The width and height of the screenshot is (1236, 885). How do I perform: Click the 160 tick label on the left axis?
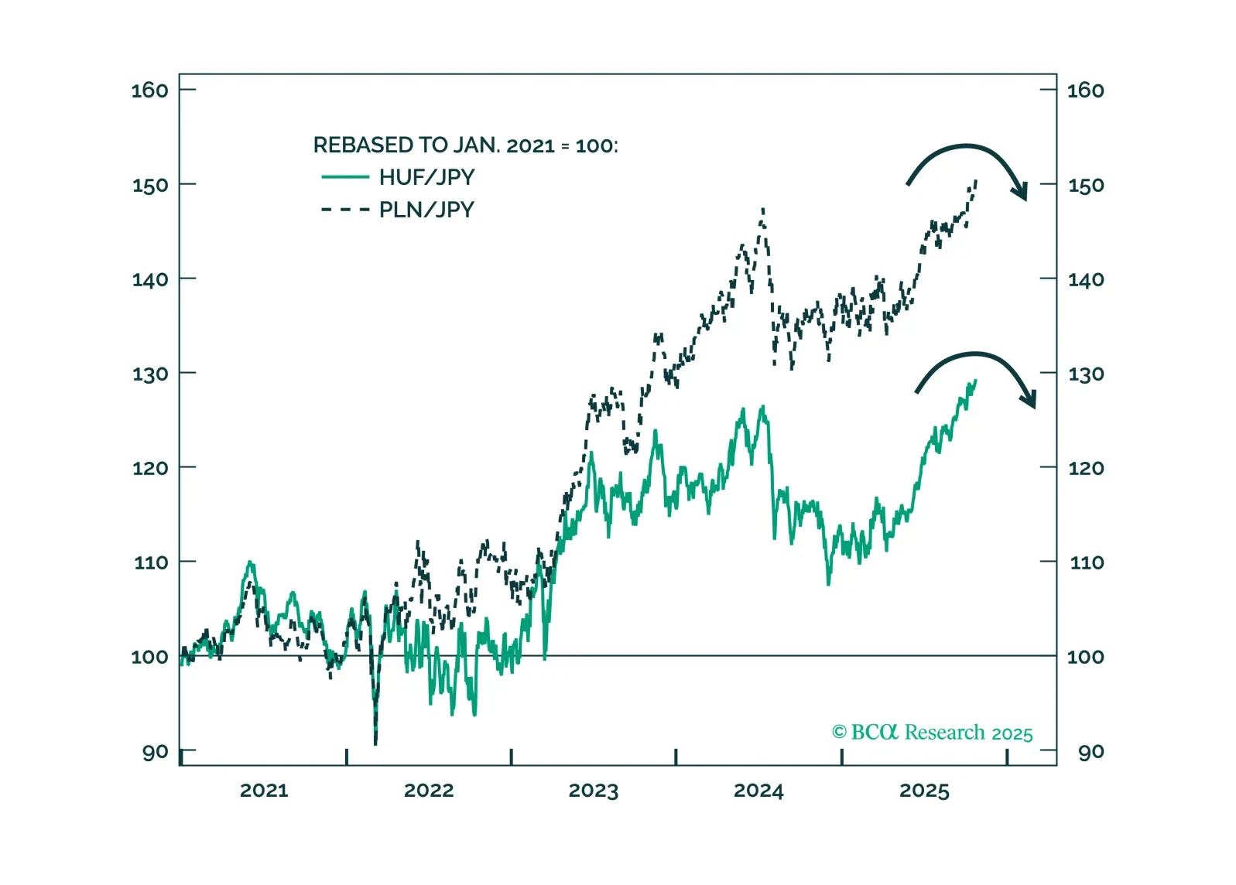click(x=149, y=91)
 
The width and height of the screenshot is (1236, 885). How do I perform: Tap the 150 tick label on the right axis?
click(x=1085, y=186)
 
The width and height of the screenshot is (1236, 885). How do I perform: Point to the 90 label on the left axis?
click(x=155, y=752)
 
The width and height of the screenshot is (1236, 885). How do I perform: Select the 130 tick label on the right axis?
click(x=1085, y=374)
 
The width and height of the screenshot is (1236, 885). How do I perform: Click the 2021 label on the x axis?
click(x=263, y=791)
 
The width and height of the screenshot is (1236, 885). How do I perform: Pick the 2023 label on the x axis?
click(x=593, y=791)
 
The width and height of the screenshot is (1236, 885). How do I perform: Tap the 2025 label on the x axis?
click(x=923, y=791)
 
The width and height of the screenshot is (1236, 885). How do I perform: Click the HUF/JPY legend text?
click(x=426, y=177)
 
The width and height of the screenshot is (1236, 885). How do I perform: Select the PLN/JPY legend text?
click(x=426, y=210)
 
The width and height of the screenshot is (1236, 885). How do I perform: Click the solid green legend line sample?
click(x=345, y=177)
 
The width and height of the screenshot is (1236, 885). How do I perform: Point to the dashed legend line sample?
click(x=345, y=210)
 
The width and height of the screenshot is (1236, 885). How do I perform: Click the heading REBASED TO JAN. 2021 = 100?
click(x=465, y=145)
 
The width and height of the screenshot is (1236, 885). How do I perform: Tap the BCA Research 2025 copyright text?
click(x=932, y=733)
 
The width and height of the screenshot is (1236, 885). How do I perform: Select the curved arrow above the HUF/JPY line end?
click(x=977, y=371)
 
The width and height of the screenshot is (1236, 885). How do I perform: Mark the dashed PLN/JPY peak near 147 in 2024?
click(x=763, y=209)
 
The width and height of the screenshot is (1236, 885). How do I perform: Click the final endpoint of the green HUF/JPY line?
click(x=976, y=380)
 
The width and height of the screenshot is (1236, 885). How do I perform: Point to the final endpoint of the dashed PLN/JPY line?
click(x=976, y=180)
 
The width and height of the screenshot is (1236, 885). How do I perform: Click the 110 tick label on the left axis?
click(x=150, y=562)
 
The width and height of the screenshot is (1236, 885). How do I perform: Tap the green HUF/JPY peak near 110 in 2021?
click(x=249, y=562)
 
